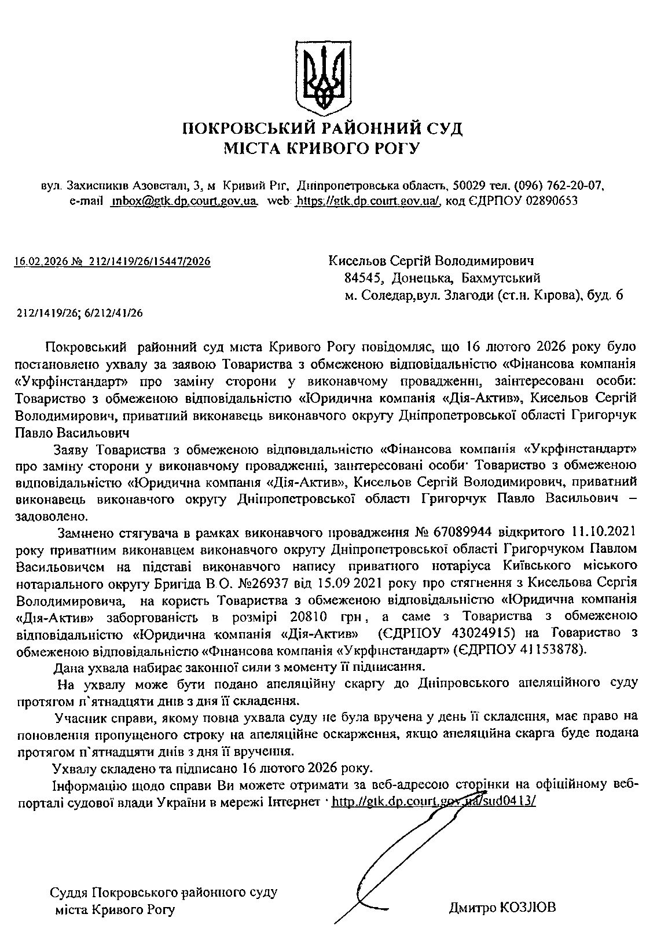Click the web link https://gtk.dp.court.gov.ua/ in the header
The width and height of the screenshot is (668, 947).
368,201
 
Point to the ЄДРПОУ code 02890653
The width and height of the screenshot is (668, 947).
551,201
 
